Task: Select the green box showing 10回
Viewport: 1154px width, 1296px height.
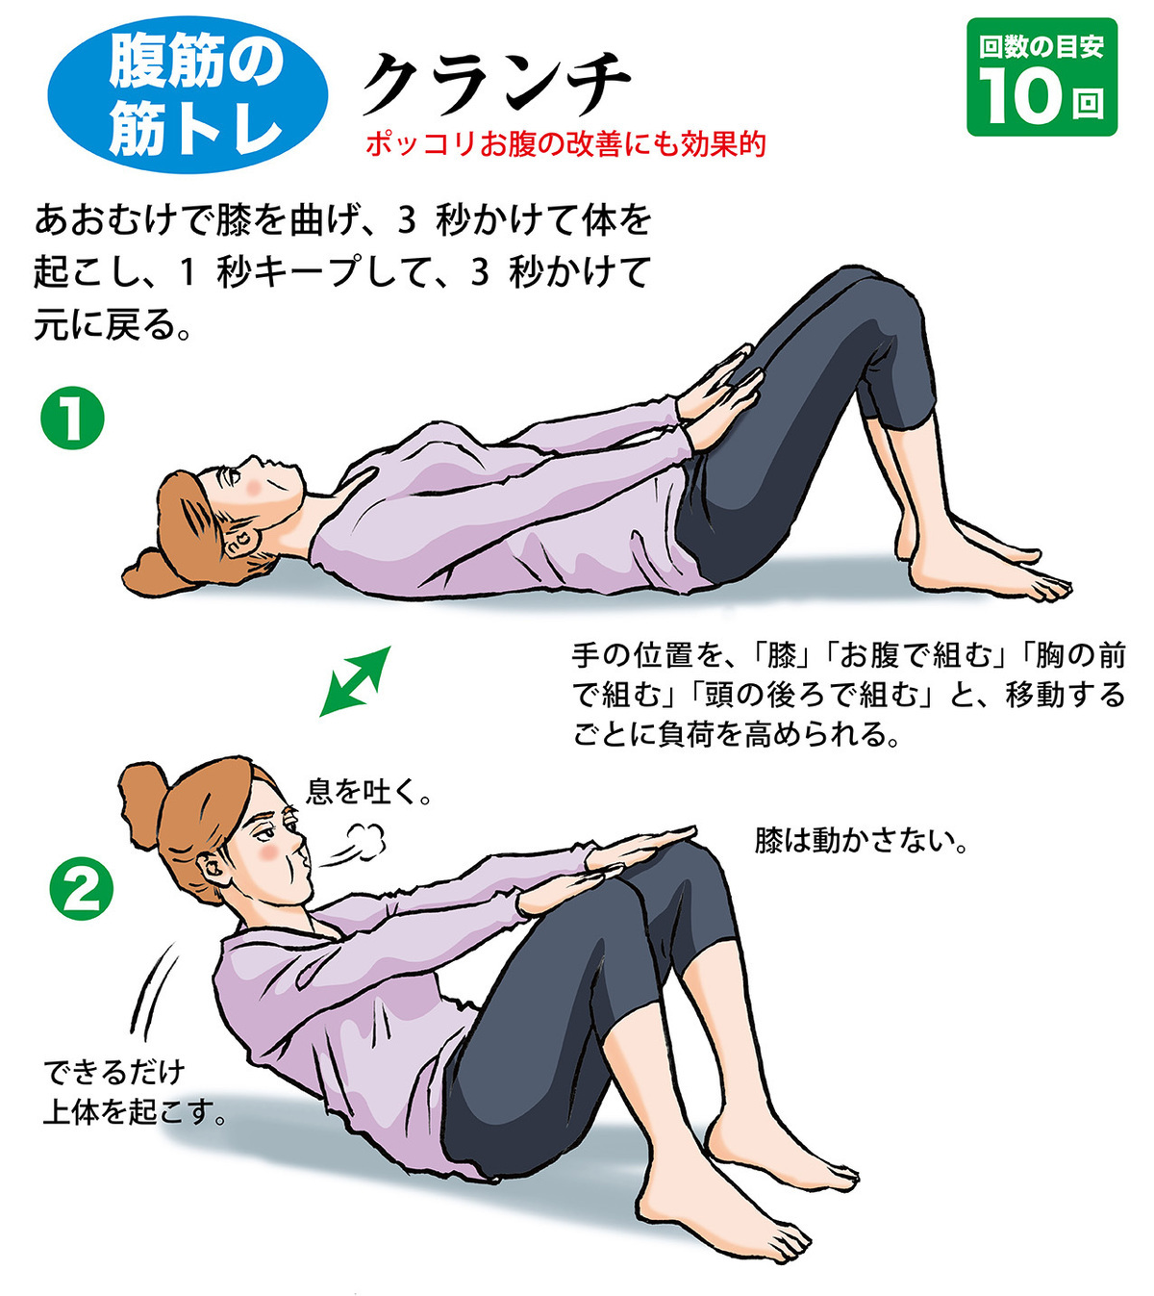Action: coord(1041,77)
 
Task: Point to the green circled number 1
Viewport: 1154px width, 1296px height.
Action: coord(72,418)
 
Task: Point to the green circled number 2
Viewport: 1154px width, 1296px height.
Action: coord(81,888)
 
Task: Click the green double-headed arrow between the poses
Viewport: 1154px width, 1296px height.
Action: coord(354,681)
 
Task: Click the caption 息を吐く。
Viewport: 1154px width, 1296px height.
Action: coord(369,791)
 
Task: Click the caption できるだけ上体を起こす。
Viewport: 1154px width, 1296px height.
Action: coord(135,1092)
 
